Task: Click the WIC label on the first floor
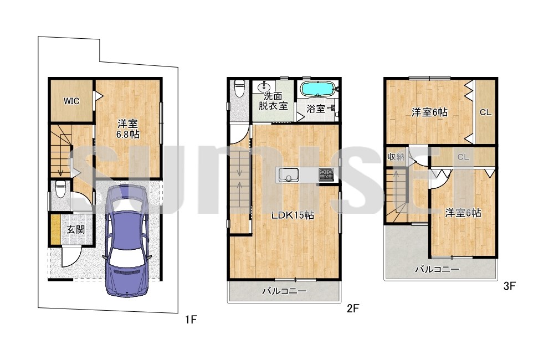tap(71, 101)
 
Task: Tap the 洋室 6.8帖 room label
tap(128, 128)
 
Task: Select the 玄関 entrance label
tap(76, 230)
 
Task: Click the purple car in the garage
tap(127, 240)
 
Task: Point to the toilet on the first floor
tap(60, 190)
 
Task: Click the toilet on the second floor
tap(239, 88)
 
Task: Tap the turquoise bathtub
tap(316, 89)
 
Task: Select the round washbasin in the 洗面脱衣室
tap(263, 86)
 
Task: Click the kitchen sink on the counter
tap(289, 175)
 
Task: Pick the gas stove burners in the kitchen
tap(326, 175)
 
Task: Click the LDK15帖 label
tap(293, 215)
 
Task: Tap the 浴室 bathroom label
tap(316, 109)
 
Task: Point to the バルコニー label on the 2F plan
tap(284, 291)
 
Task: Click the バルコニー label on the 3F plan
tap(437, 270)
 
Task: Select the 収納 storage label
tap(396, 157)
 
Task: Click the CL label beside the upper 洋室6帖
tap(485, 112)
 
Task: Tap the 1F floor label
tap(191, 320)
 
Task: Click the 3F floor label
tap(510, 286)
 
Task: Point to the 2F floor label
tap(352, 308)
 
